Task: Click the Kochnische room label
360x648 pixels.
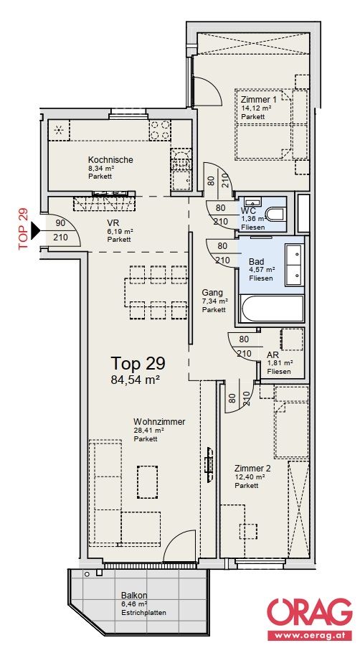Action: (x=110, y=159)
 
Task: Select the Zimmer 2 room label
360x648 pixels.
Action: (x=252, y=468)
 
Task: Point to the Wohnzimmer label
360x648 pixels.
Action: (x=159, y=421)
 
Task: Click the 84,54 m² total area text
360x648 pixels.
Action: (x=135, y=380)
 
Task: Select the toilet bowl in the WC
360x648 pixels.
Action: (x=275, y=215)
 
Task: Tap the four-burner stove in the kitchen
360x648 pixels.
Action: (x=160, y=130)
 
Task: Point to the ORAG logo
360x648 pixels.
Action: (x=310, y=613)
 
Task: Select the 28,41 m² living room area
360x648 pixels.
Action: (x=148, y=431)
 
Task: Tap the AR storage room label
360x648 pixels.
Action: (x=273, y=355)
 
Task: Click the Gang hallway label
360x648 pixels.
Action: (x=212, y=293)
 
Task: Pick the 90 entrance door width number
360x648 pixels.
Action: (x=60, y=223)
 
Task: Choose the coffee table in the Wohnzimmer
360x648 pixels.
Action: (x=148, y=482)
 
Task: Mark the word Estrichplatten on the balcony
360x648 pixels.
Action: (x=143, y=612)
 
